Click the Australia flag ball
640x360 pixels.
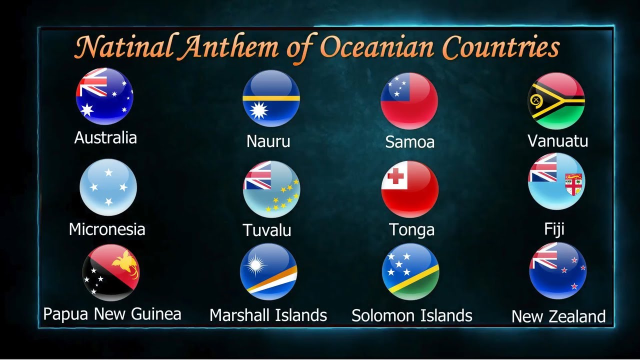(104, 96)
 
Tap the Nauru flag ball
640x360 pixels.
(271, 98)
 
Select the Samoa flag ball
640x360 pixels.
(409, 100)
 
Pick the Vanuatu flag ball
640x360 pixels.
(556, 100)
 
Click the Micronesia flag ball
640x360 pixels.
(108, 187)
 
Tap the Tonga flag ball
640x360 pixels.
(410, 189)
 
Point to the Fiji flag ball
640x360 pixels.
(556, 181)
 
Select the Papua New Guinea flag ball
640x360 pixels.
(111, 272)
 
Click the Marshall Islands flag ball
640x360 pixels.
(268, 271)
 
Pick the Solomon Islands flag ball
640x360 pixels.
(410, 272)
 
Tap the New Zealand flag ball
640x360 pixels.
(557, 270)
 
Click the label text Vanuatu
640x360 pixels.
(557, 141)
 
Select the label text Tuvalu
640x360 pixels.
(267, 230)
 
